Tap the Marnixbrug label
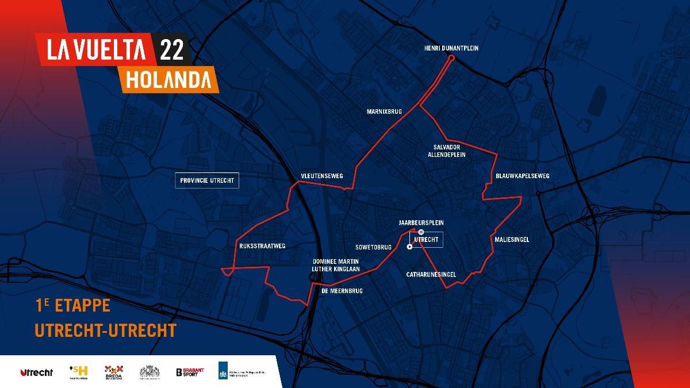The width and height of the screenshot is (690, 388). [x=384, y=111]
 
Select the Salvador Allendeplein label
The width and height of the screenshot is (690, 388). [x=446, y=151]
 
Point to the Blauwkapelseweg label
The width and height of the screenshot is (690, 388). [x=523, y=175]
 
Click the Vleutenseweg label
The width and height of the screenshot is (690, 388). [x=321, y=176]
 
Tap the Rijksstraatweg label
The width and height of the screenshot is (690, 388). [x=262, y=246]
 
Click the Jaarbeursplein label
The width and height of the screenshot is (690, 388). [x=421, y=222]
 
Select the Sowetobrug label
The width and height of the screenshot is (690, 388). [x=373, y=247]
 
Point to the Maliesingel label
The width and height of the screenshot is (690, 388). [x=511, y=239]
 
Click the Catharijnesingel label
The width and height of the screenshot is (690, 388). [x=431, y=275]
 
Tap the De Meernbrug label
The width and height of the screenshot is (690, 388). [x=342, y=291]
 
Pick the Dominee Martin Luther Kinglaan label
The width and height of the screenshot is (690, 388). [x=336, y=265]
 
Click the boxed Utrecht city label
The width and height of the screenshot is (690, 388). [x=426, y=239]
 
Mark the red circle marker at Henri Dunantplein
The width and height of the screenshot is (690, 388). [x=451, y=58]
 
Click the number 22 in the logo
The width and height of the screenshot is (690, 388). [x=172, y=51]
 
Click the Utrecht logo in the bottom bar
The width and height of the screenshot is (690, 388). [x=36, y=372]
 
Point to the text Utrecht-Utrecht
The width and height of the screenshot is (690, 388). [x=105, y=331]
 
